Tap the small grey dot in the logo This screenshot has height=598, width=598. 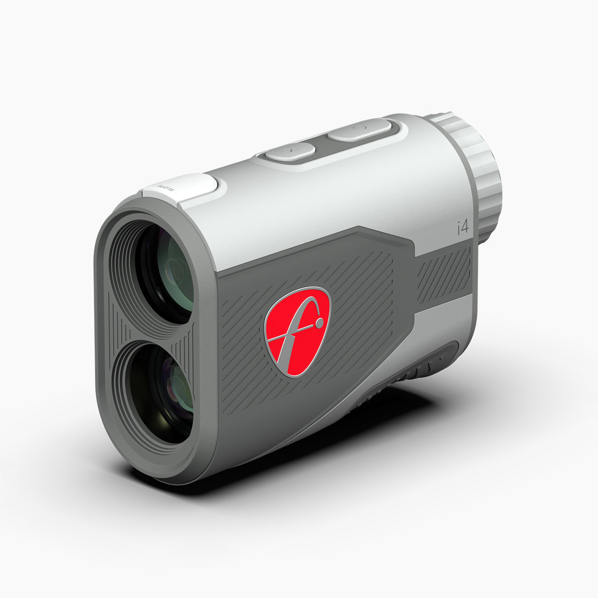(318, 324)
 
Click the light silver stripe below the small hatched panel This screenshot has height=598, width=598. (444, 319)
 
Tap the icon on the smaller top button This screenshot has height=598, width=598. (290, 149)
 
